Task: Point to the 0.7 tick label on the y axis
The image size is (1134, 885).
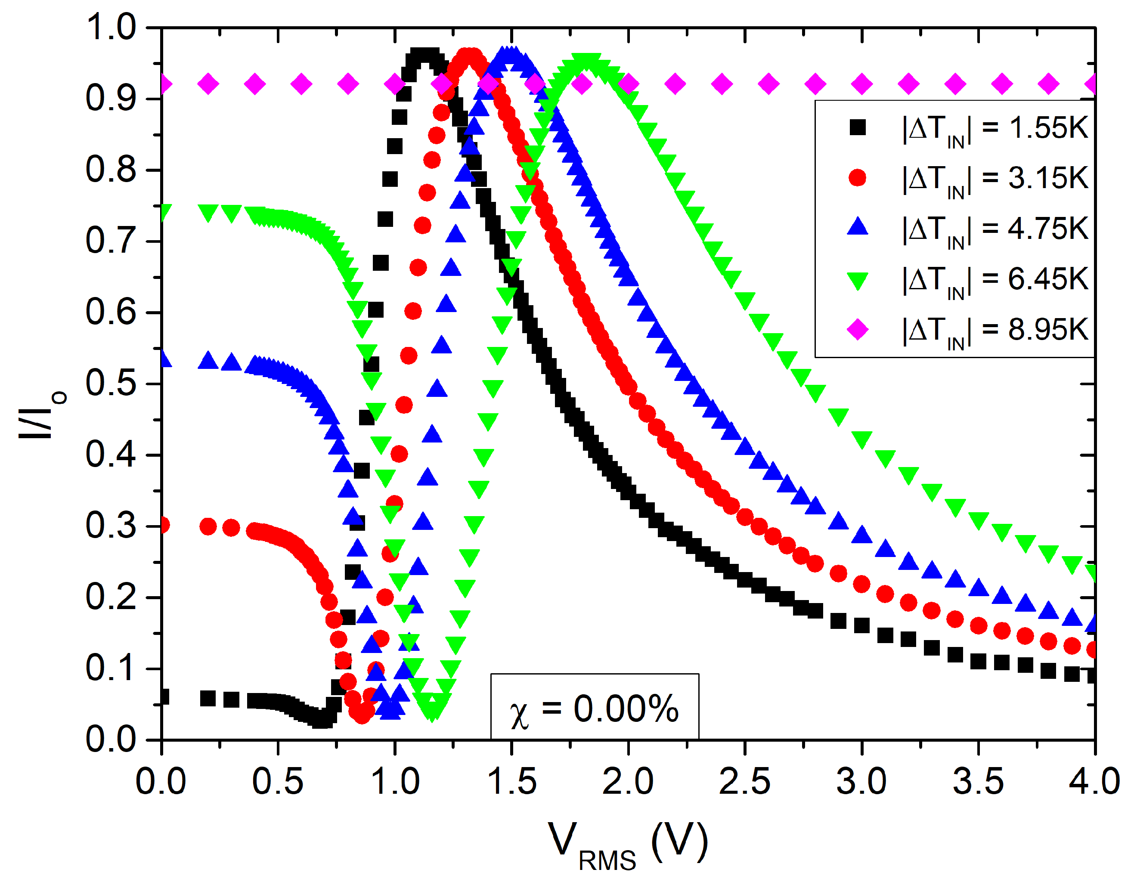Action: [x=111, y=241]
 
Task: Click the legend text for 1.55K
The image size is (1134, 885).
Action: [x=995, y=128]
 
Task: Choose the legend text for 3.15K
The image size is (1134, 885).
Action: [x=995, y=178]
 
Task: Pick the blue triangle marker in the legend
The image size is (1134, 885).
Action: [x=857, y=227]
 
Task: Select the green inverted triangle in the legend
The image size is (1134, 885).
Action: [x=857, y=281]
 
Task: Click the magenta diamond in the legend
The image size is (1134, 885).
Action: [x=857, y=329]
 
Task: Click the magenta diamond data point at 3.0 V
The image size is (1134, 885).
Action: [x=862, y=84]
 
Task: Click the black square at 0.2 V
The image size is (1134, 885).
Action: [x=208, y=699]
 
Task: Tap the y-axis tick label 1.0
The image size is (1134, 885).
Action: [x=111, y=27]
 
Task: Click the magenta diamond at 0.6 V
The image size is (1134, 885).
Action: [x=302, y=84]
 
